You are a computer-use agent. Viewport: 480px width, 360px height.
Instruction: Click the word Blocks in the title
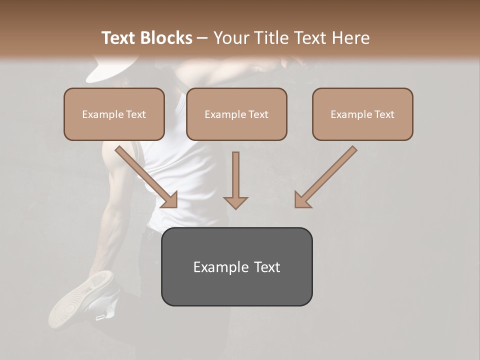(166, 38)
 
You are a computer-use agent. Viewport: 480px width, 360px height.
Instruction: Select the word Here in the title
(351, 38)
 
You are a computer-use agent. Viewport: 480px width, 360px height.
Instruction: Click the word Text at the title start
(119, 38)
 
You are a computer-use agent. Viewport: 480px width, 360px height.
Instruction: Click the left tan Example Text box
(114, 114)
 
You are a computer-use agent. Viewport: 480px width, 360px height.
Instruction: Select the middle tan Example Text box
(236, 114)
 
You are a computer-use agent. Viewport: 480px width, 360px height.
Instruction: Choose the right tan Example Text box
(362, 114)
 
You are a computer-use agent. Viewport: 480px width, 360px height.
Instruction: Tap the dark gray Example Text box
(236, 266)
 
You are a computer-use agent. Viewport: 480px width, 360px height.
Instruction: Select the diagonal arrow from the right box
(326, 176)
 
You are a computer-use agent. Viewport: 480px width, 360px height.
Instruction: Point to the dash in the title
(202, 38)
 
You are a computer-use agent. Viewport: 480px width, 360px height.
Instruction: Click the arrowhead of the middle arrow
(235, 202)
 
